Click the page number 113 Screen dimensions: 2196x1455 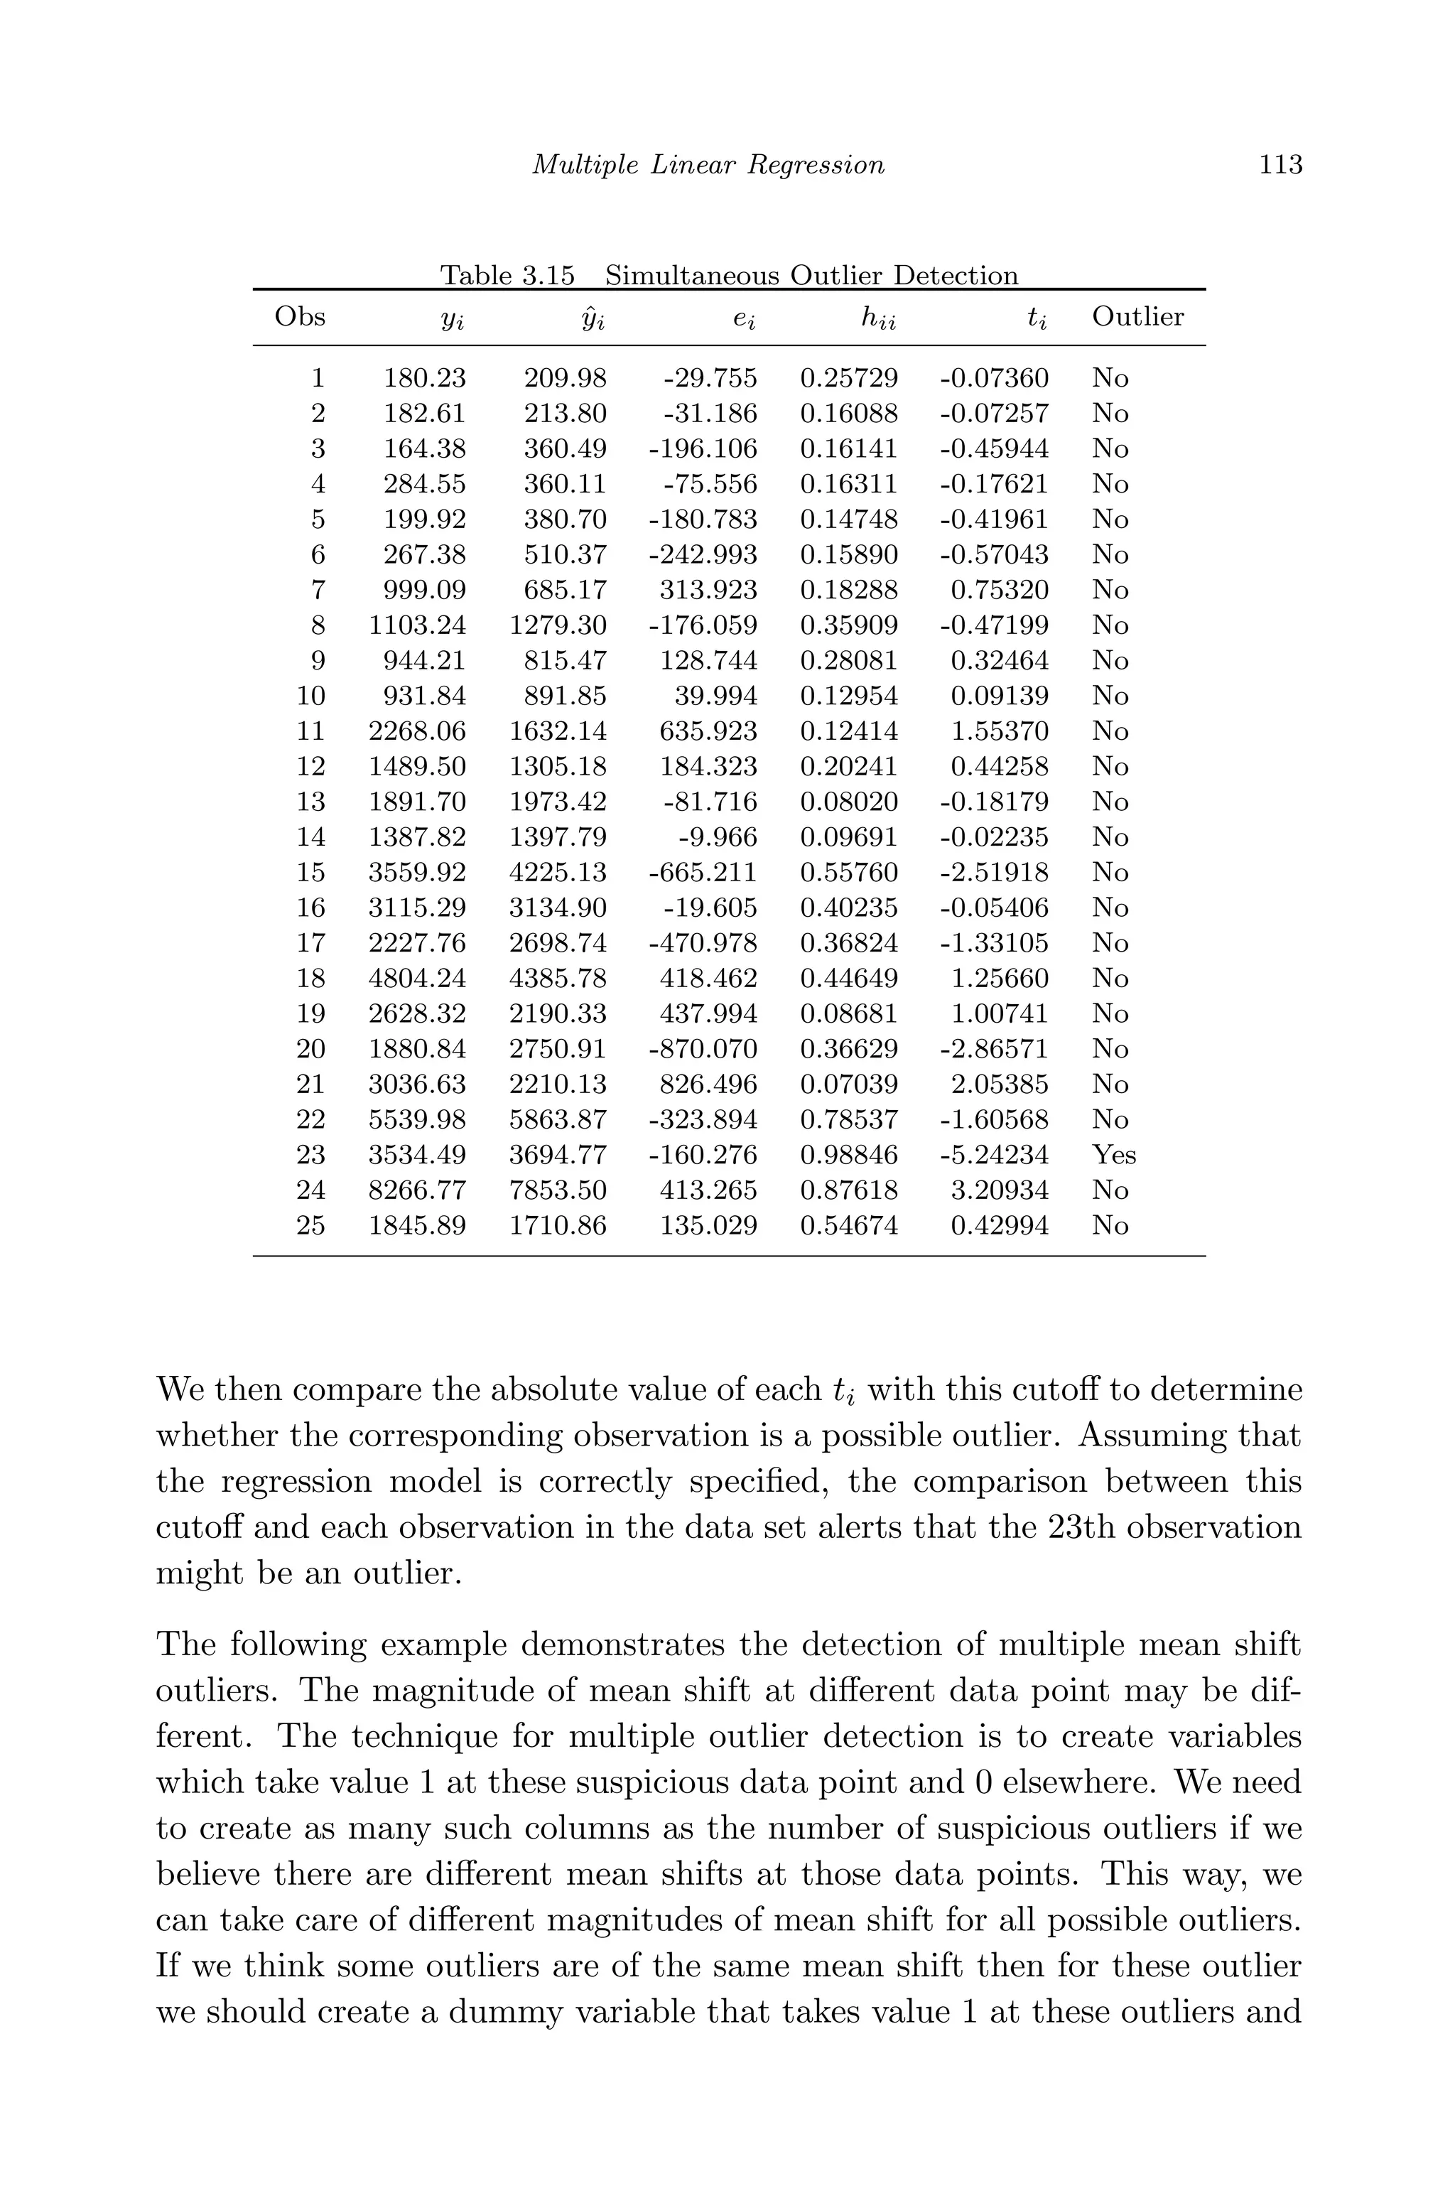click(x=1280, y=165)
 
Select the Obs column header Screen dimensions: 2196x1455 click(x=300, y=318)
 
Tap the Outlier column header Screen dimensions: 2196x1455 click(x=1137, y=318)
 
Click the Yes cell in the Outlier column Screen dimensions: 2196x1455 click(x=1113, y=1156)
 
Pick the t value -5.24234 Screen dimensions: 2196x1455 click(x=994, y=1156)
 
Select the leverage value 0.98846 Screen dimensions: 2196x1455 click(x=849, y=1156)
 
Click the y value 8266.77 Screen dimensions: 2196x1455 click(x=418, y=1191)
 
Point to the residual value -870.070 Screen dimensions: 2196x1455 click(x=703, y=1050)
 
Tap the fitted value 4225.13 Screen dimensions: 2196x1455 click(x=558, y=873)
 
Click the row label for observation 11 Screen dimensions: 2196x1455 click(x=311, y=732)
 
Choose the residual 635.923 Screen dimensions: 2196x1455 click(x=708, y=732)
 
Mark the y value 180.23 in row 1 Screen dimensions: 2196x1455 click(x=425, y=379)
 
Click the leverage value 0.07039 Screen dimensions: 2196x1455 click(x=849, y=1085)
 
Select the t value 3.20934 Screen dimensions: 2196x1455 click(x=1000, y=1191)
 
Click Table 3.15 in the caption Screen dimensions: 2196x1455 click(x=507, y=276)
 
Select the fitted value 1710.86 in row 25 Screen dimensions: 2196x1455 click(x=558, y=1226)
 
